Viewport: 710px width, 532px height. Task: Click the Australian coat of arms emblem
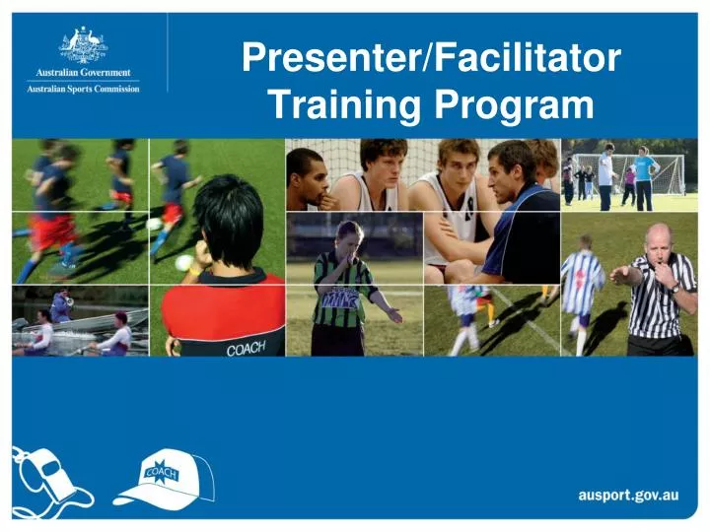coord(83,45)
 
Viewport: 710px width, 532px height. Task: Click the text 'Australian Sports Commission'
coord(83,89)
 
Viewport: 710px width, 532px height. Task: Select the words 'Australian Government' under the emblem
coord(83,73)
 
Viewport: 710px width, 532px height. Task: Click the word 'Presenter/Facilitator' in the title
coord(431,61)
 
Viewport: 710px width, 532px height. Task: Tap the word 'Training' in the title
coord(338,104)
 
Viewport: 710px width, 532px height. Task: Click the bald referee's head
coord(658,239)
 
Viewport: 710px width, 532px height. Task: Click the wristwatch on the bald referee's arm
coord(674,289)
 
